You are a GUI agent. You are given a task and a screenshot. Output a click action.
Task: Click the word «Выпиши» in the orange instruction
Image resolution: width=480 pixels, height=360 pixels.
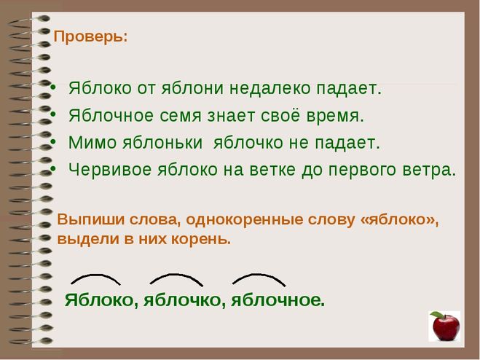pos(86,219)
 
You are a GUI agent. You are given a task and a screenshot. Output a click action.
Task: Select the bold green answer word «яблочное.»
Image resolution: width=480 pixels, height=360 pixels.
pos(278,300)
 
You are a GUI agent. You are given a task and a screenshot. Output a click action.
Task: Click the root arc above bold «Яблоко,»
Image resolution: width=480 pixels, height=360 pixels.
pos(95,278)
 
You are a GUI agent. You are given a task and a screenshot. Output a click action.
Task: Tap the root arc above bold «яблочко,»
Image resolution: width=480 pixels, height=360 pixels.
pos(176,278)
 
